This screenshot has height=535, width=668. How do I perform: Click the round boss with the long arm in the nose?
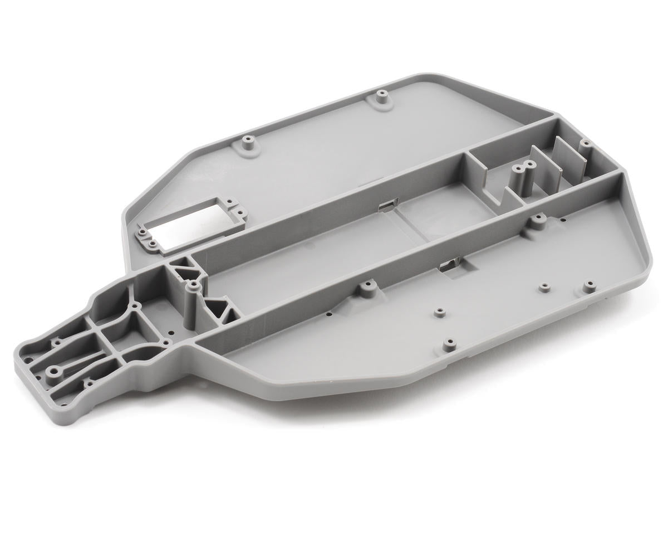click(55, 371)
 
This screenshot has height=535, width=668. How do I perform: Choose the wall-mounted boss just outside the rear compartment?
click(537, 222)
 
